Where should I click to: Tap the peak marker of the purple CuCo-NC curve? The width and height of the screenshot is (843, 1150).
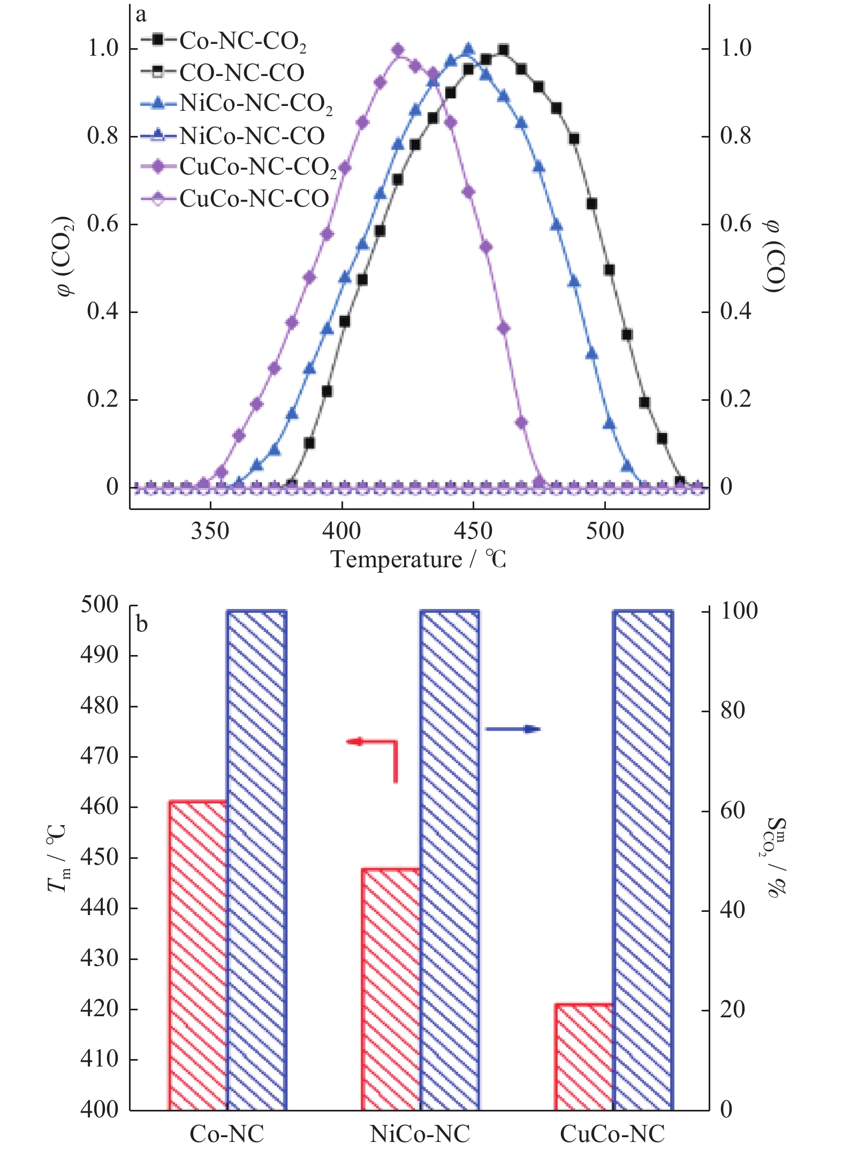[x=398, y=50]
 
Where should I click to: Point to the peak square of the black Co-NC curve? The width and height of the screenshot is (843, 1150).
[x=503, y=50]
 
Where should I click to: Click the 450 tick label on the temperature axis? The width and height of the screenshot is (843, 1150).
[x=473, y=531]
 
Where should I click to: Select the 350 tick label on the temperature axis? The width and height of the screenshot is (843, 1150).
[x=210, y=531]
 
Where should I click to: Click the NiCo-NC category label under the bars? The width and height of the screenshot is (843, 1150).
[x=420, y=1133]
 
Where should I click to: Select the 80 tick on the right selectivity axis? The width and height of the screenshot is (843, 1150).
[x=732, y=711]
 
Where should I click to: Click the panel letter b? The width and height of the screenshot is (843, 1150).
[x=141, y=624]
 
